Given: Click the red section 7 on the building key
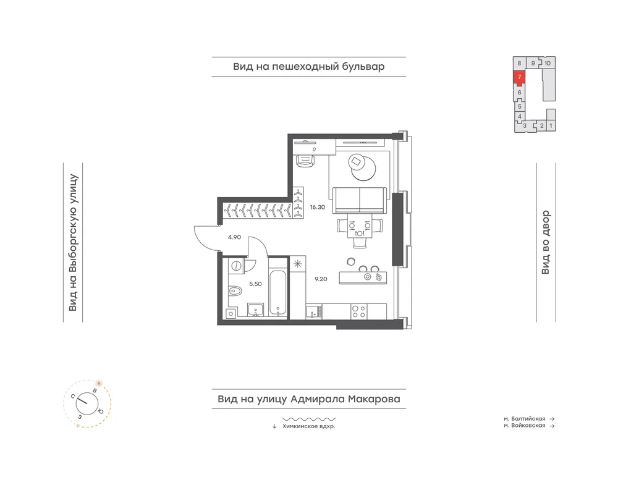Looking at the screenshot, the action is click(520, 77).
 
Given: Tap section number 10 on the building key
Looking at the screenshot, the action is click(548, 63).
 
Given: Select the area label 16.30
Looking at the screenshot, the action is click(317, 207).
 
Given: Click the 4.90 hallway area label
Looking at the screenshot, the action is click(234, 237).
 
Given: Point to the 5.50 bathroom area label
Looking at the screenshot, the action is click(255, 284).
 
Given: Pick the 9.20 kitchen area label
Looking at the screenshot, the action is click(321, 279).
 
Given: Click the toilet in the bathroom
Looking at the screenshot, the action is click(235, 292).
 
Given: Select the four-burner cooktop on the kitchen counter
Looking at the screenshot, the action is click(358, 311).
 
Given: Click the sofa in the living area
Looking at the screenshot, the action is click(359, 201).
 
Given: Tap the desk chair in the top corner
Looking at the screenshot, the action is click(305, 161).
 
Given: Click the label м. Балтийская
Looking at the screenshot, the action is click(524, 419).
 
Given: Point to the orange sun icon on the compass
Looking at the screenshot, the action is click(99, 383).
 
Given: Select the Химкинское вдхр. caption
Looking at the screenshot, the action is click(309, 426).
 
